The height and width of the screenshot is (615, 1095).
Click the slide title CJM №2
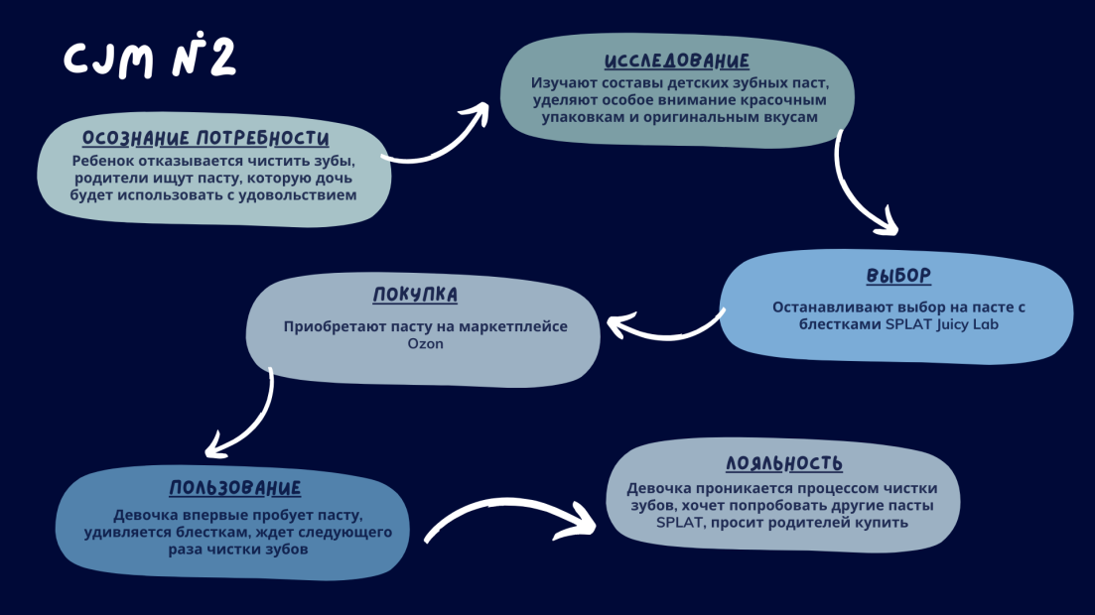[x=150, y=60]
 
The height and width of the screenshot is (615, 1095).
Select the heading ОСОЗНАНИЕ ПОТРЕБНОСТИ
[x=205, y=138]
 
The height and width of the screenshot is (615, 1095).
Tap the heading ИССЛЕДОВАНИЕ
[x=677, y=61]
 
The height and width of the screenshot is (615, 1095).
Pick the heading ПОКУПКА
[x=415, y=295]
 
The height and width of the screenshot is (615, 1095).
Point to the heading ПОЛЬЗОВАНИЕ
[x=235, y=488]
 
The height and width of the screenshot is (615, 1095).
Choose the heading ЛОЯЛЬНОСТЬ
[x=784, y=463]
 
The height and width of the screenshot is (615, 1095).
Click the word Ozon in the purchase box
[x=424, y=344]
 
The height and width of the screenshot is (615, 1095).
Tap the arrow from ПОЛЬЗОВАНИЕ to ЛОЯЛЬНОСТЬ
[x=511, y=516]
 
